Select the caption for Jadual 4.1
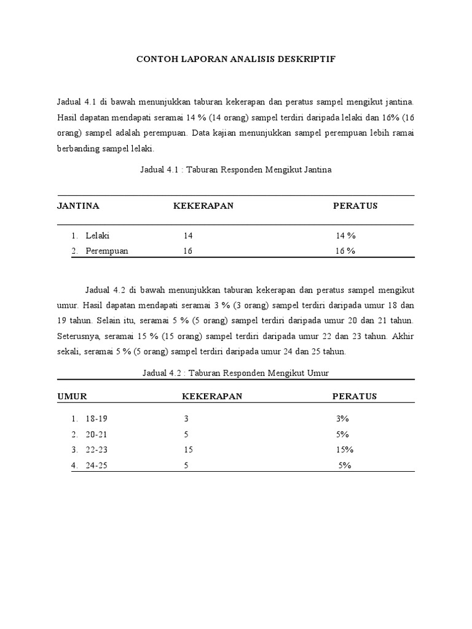[236, 170]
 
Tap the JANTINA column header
[78, 206]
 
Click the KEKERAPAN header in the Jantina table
[203, 206]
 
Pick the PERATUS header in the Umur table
[355, 396]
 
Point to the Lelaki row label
[98, 235]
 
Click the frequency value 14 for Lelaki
[188, 235]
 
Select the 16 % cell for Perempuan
[345, 251]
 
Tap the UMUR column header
[71, 396]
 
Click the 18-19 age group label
[97, 418]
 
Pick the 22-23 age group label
[97, 450]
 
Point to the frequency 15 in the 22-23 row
[188, 450]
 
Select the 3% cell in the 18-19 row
[342, 418]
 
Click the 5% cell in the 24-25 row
[345, 466]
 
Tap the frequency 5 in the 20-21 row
[186, 434]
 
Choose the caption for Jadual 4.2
[236, 373]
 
